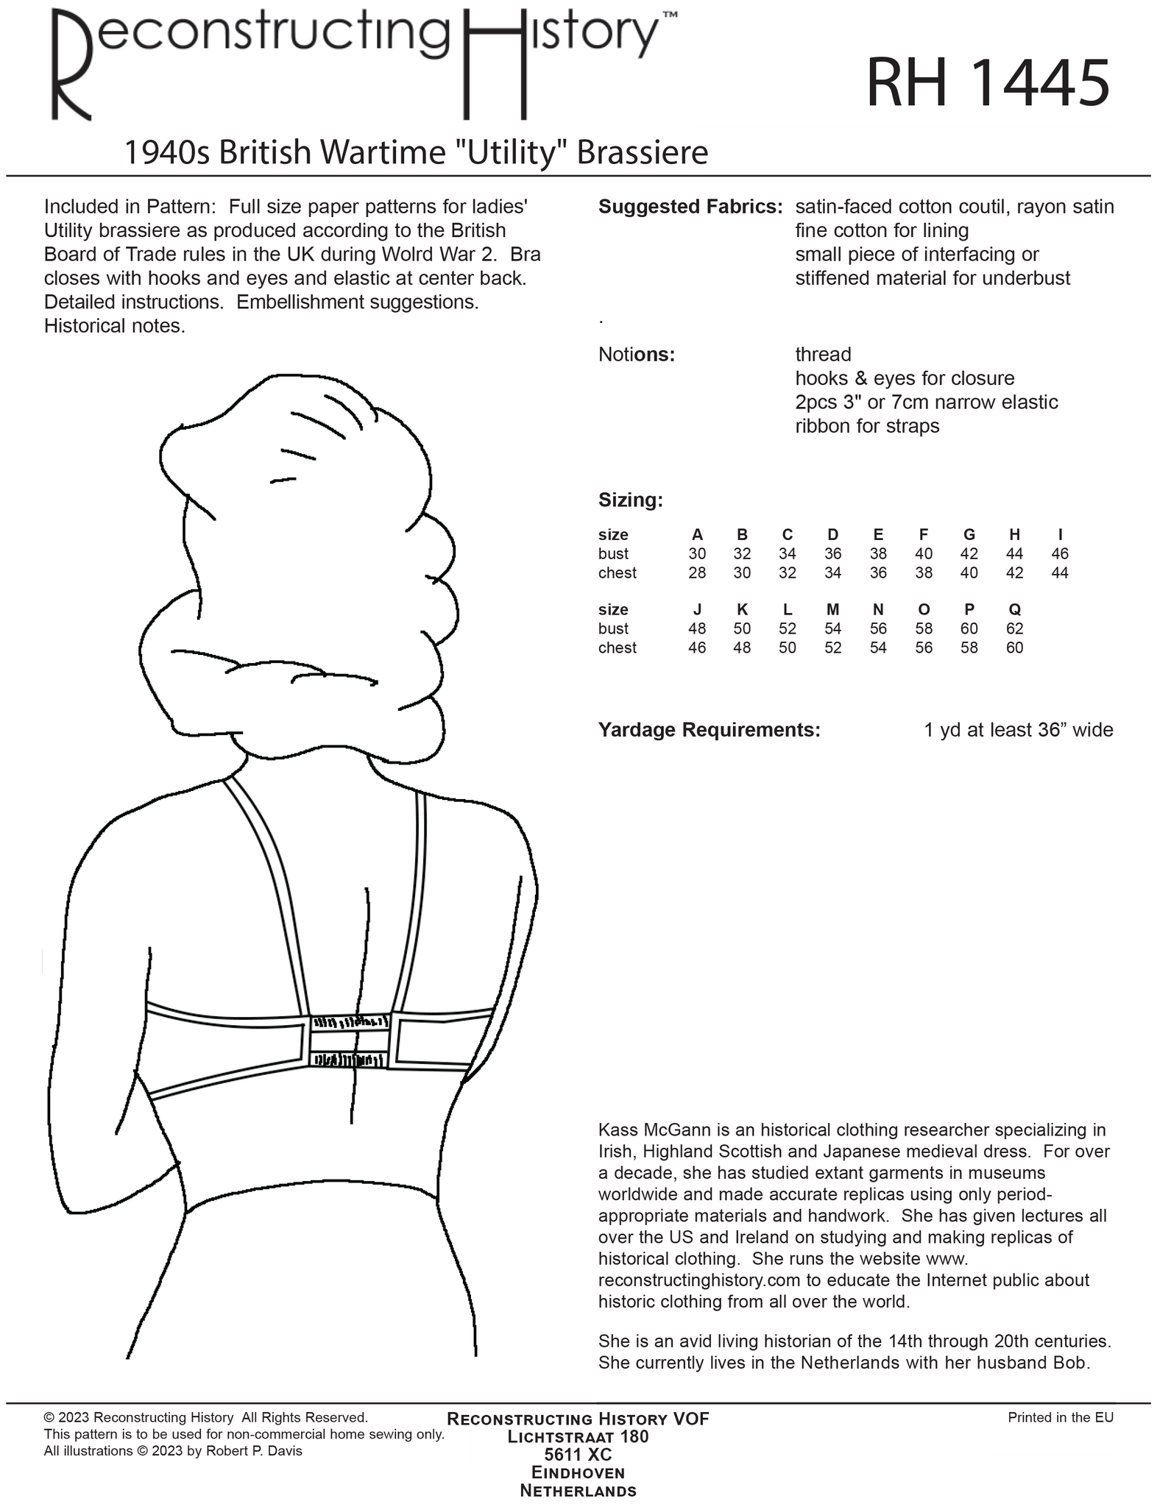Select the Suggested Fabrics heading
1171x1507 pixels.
pos(690,207)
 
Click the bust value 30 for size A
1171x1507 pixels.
pos(696,554)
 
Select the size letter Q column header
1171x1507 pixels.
pos(1014,609)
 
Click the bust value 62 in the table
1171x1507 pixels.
pos(1014,628)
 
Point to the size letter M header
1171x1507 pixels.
pos(832,609)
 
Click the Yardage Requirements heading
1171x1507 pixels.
pos(709,730)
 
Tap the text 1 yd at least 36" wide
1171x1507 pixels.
pos(1018,730)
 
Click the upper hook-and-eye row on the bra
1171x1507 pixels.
pos(349,1022)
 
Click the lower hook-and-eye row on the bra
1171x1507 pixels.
pos(348,1060)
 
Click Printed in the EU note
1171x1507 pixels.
pos(1060,1417)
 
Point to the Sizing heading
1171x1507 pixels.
pos(631,500)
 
